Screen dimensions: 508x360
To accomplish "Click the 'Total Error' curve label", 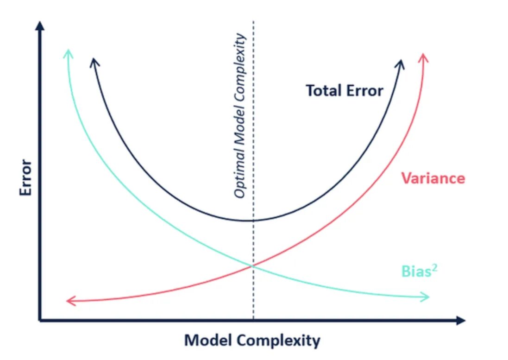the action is [x=345, y=90].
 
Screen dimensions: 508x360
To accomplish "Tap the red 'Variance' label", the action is [x=433, y=178].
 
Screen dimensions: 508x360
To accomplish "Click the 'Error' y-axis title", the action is [x=26, y=177].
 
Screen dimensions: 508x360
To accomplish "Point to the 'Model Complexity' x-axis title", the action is [x=252, y=341].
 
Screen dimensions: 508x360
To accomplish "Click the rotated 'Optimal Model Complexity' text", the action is [x=239, y=116].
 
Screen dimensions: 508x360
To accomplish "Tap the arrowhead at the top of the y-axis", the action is [x=41, y=26].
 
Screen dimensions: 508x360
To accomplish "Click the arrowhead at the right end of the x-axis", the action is [x=459, y=320].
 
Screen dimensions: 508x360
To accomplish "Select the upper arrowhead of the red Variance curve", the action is [x=423, y=57].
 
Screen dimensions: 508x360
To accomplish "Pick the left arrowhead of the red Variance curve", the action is [x=70, y=301].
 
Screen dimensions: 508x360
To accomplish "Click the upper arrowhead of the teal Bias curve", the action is [x=68, y=52].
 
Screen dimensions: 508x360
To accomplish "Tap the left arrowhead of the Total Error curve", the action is [x=94, y=62].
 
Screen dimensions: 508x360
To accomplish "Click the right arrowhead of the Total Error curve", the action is [x=401, y=63].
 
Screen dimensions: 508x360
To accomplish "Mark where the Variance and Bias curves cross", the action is [x=253, y=265].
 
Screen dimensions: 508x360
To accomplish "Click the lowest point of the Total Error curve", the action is [x=249, y=220].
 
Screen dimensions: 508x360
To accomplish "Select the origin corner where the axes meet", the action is [x=41, y=320].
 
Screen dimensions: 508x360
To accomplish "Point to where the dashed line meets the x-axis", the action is [x=253, y=320].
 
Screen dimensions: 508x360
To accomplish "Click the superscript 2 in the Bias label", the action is [x=435, y=267].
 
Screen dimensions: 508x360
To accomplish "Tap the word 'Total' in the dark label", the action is [x=320, y=90].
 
